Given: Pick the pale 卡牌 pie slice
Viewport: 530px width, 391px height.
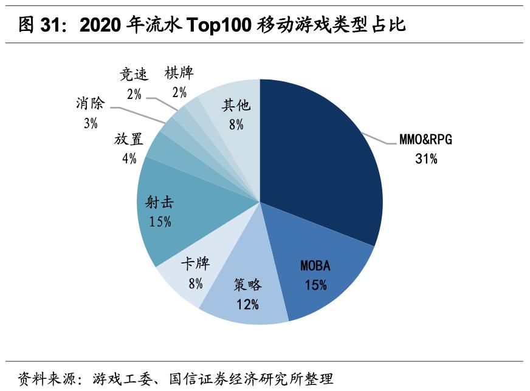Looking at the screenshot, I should [188, 273].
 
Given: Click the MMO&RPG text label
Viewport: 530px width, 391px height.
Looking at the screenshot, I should [425, 140].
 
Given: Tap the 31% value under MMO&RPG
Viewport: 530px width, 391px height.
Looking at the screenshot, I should [425, 159].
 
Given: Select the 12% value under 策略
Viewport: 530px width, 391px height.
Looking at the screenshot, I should [248, 304].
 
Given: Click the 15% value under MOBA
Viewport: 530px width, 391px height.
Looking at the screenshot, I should [315, 285].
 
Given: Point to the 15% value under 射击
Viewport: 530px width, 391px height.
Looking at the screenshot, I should [160, 222].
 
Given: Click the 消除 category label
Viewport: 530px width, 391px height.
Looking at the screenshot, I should [91, 103].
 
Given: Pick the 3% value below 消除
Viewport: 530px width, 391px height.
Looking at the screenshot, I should [91, 123].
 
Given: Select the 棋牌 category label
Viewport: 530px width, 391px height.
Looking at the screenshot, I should [179, 73].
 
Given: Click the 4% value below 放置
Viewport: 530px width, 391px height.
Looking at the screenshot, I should [129, 158].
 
